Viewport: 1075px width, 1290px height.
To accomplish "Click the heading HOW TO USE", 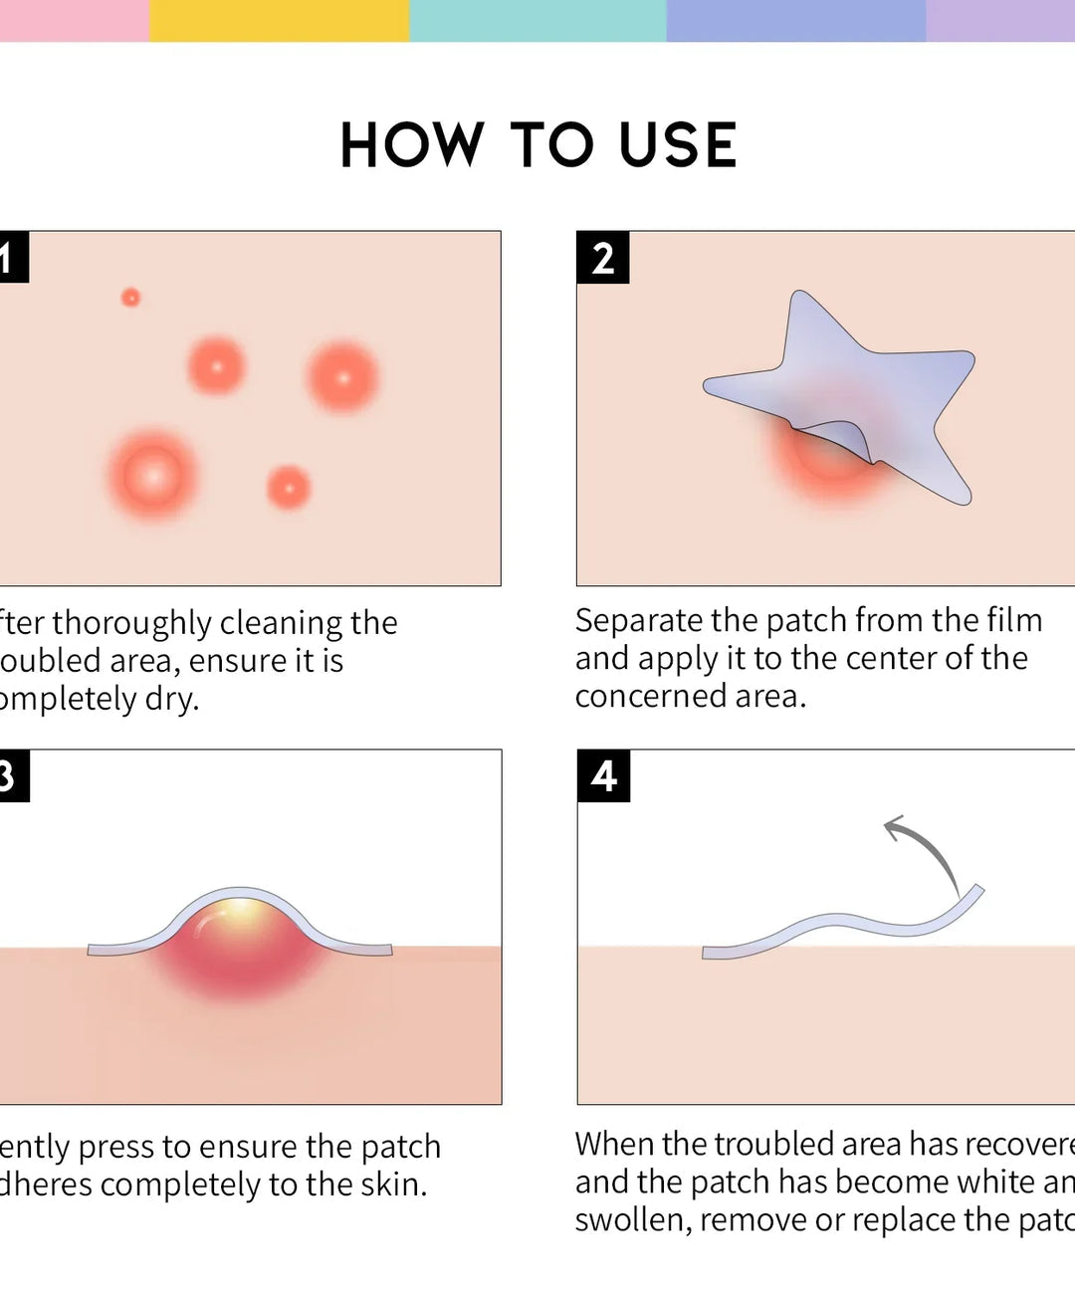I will pos(537,145).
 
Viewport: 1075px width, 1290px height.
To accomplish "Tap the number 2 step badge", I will pos(602,258).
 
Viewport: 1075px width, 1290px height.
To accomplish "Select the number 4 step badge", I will pos(603,775).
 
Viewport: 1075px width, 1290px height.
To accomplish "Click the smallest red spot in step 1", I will pos(130,297).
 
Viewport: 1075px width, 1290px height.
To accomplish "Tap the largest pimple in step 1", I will pos(153,476).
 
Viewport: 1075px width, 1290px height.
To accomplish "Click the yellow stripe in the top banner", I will pos(279,20).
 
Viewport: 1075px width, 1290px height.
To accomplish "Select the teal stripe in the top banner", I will pos(537,20).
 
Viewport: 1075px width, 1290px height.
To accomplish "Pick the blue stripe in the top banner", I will pos(796,20).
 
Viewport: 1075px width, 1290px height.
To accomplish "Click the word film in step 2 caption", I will pos(1014,620).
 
